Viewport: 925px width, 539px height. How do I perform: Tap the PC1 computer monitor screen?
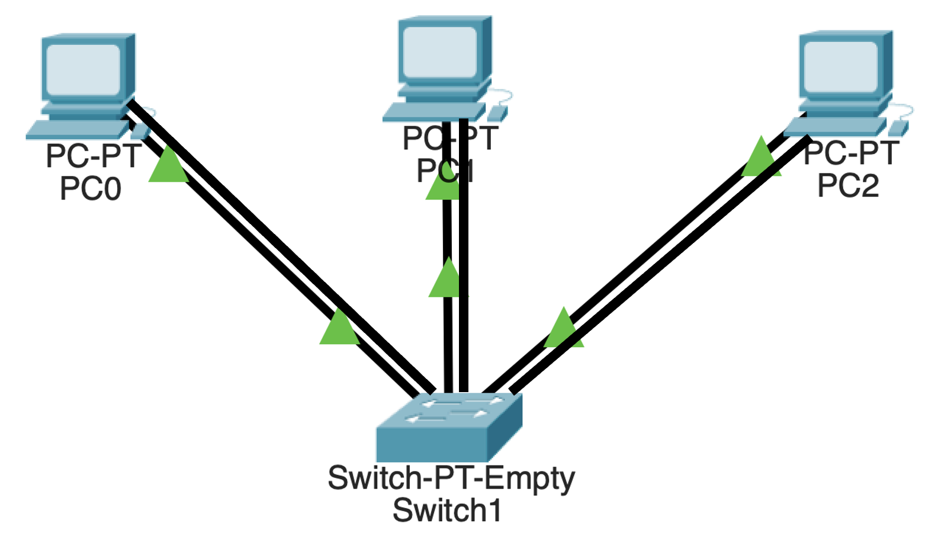[440, 52]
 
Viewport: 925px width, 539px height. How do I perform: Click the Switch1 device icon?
[449, 428]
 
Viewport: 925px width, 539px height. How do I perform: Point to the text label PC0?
[91, 189]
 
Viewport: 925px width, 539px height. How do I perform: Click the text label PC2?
[848, 186]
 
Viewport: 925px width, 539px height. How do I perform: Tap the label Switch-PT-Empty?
[451, 479]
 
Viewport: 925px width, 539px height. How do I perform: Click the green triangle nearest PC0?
[168, 166]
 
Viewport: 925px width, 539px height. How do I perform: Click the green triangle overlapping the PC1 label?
[441, 187]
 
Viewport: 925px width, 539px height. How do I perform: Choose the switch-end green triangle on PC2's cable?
[564, 329]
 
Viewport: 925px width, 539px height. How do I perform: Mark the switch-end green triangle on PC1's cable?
[448, 279]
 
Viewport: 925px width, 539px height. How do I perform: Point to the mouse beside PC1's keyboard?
[497, 113]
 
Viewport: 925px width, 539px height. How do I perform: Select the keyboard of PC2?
[835, 126]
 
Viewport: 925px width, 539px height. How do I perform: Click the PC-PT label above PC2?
[852, 153]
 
